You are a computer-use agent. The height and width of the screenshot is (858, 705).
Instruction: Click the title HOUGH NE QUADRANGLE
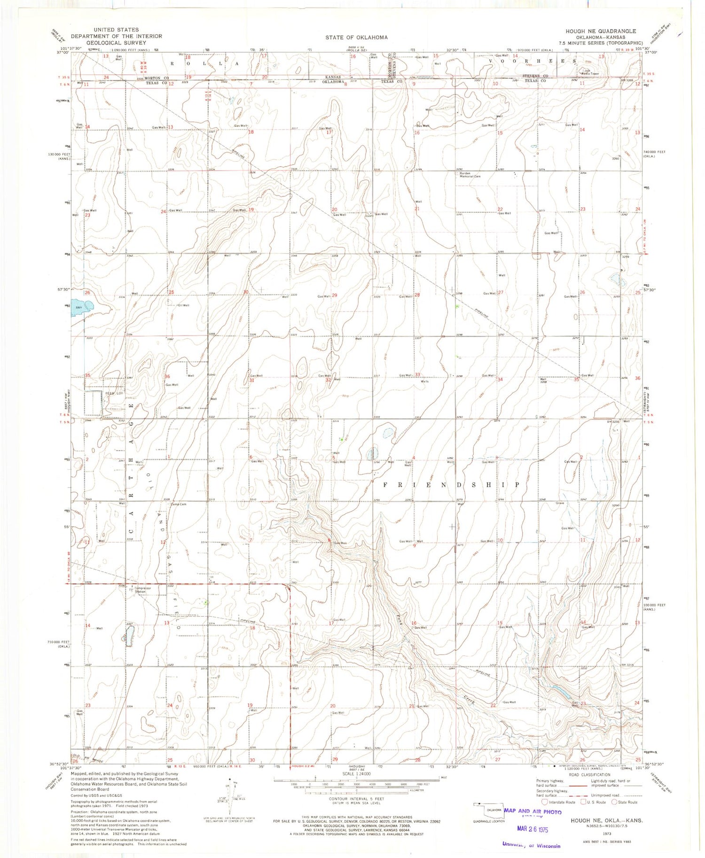point(600,31)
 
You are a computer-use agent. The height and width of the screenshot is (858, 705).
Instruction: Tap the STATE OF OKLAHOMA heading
point(356,37)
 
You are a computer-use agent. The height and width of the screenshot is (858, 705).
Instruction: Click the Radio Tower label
point(590,73)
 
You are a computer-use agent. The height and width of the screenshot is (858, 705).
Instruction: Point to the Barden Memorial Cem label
point(470,175)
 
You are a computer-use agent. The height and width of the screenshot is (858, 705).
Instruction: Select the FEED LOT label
point(113,393)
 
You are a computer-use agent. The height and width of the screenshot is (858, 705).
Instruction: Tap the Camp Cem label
point(178,504)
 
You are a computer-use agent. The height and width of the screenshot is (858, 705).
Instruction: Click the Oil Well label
point(183,305)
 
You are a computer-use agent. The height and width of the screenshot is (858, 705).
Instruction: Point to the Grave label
point(559,503)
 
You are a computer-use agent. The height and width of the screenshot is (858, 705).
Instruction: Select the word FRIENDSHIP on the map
point(451,484)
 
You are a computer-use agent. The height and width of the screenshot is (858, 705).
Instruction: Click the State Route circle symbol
point(614,802)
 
